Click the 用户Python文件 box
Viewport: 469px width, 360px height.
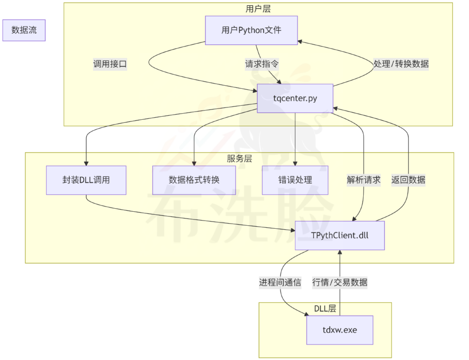(x=251, y=30)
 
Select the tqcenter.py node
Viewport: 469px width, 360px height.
(x=295, y=98)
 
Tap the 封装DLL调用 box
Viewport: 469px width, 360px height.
(x=86, y=180)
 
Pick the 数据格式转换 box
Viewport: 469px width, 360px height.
(x=194, y=180)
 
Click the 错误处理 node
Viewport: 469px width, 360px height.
(x=295, y=180)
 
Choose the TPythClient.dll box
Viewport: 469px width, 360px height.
(x=339, y=236)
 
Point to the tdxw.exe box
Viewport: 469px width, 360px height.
(x=339, y=330)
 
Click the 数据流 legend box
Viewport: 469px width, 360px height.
(x=24, y=30)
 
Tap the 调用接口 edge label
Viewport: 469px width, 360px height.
(x=110, y=65)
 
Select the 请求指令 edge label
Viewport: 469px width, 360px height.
(x=262, y=65)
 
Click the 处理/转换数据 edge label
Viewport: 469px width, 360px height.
(x=401, y=65)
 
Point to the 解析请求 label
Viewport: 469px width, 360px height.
(x=364, y=180)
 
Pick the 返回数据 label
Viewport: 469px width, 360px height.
(x=408, y=180)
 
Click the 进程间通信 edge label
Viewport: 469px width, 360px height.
(x=280, y=283)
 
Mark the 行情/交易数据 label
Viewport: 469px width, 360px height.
(x=340, y=283)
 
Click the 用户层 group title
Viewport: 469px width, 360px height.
(x=258, y=9)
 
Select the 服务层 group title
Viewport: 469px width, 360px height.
(x=239, y=159)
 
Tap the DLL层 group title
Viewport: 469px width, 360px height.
(x=325, y=309)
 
